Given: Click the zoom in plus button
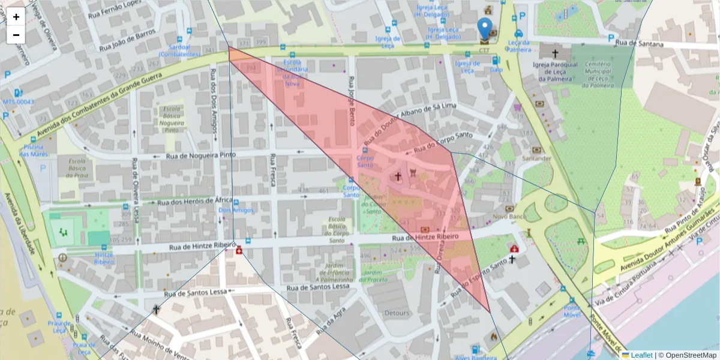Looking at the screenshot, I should click(16, 17).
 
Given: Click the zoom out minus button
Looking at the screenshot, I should click(16, 35).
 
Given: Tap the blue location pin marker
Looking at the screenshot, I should click(484, 29).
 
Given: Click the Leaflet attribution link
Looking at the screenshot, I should click(641, 355).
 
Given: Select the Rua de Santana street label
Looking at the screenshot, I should click(639, 44).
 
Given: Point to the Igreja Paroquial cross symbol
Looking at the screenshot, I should click(555, 53).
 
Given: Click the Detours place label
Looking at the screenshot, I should click(397, 313).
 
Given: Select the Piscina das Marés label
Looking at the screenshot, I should click(32, 151).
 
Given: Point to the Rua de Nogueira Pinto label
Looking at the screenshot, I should click(201, 155).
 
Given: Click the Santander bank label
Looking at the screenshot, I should click(536, 158).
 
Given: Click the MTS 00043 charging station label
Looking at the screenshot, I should click(18, 102).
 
